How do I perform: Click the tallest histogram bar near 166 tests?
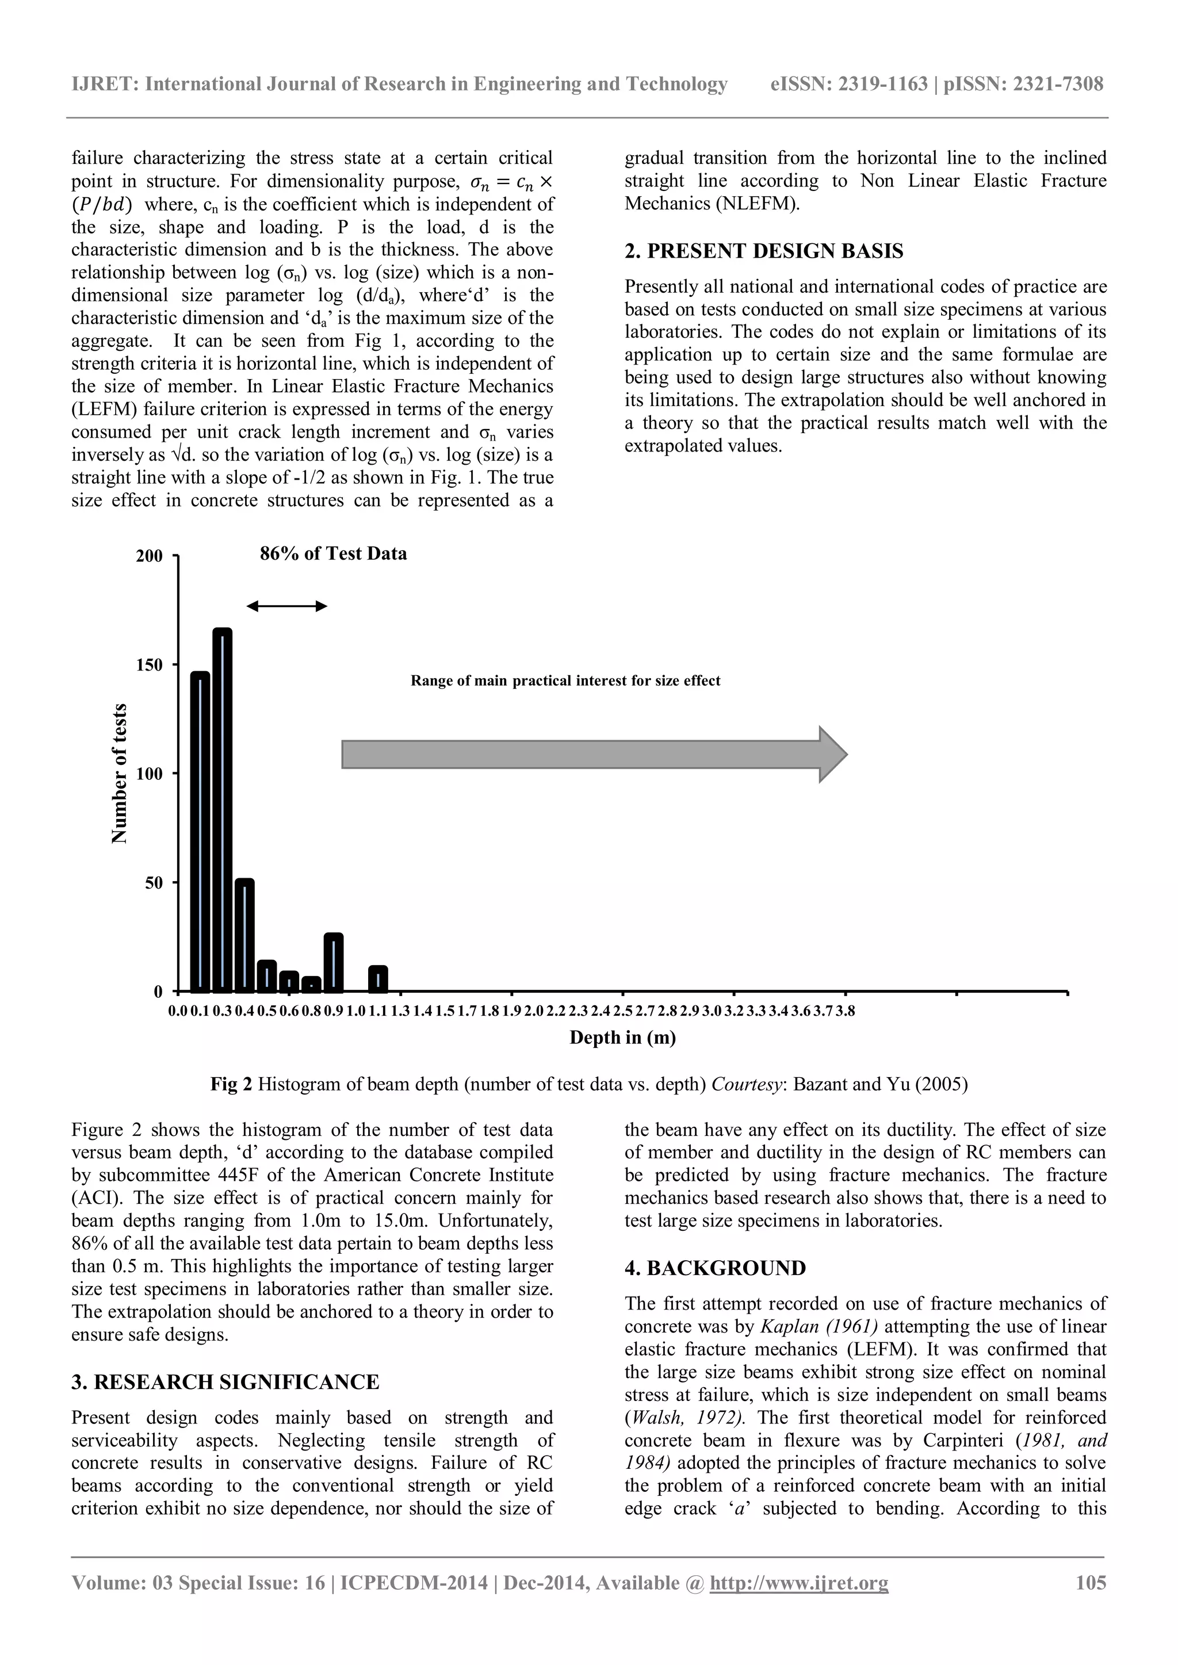coord(223,809)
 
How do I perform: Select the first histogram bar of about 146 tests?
coord(200,831)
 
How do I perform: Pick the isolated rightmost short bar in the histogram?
coord(378,978)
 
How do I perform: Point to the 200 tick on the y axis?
coord(150,556)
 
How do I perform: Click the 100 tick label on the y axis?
coord(150,774)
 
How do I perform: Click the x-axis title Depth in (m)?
coord(622,1038)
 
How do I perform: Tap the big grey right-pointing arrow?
coord(594,754)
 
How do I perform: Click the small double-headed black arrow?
coord(287,606)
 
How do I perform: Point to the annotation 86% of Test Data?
coord(333,554)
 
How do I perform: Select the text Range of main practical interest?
coord(565,681)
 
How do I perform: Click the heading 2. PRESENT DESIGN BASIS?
coord(764,252)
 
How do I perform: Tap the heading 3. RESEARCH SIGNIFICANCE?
coord(225,1382)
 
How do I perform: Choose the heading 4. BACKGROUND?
coord(714,1268)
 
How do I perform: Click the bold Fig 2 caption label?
coord(231,1084)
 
